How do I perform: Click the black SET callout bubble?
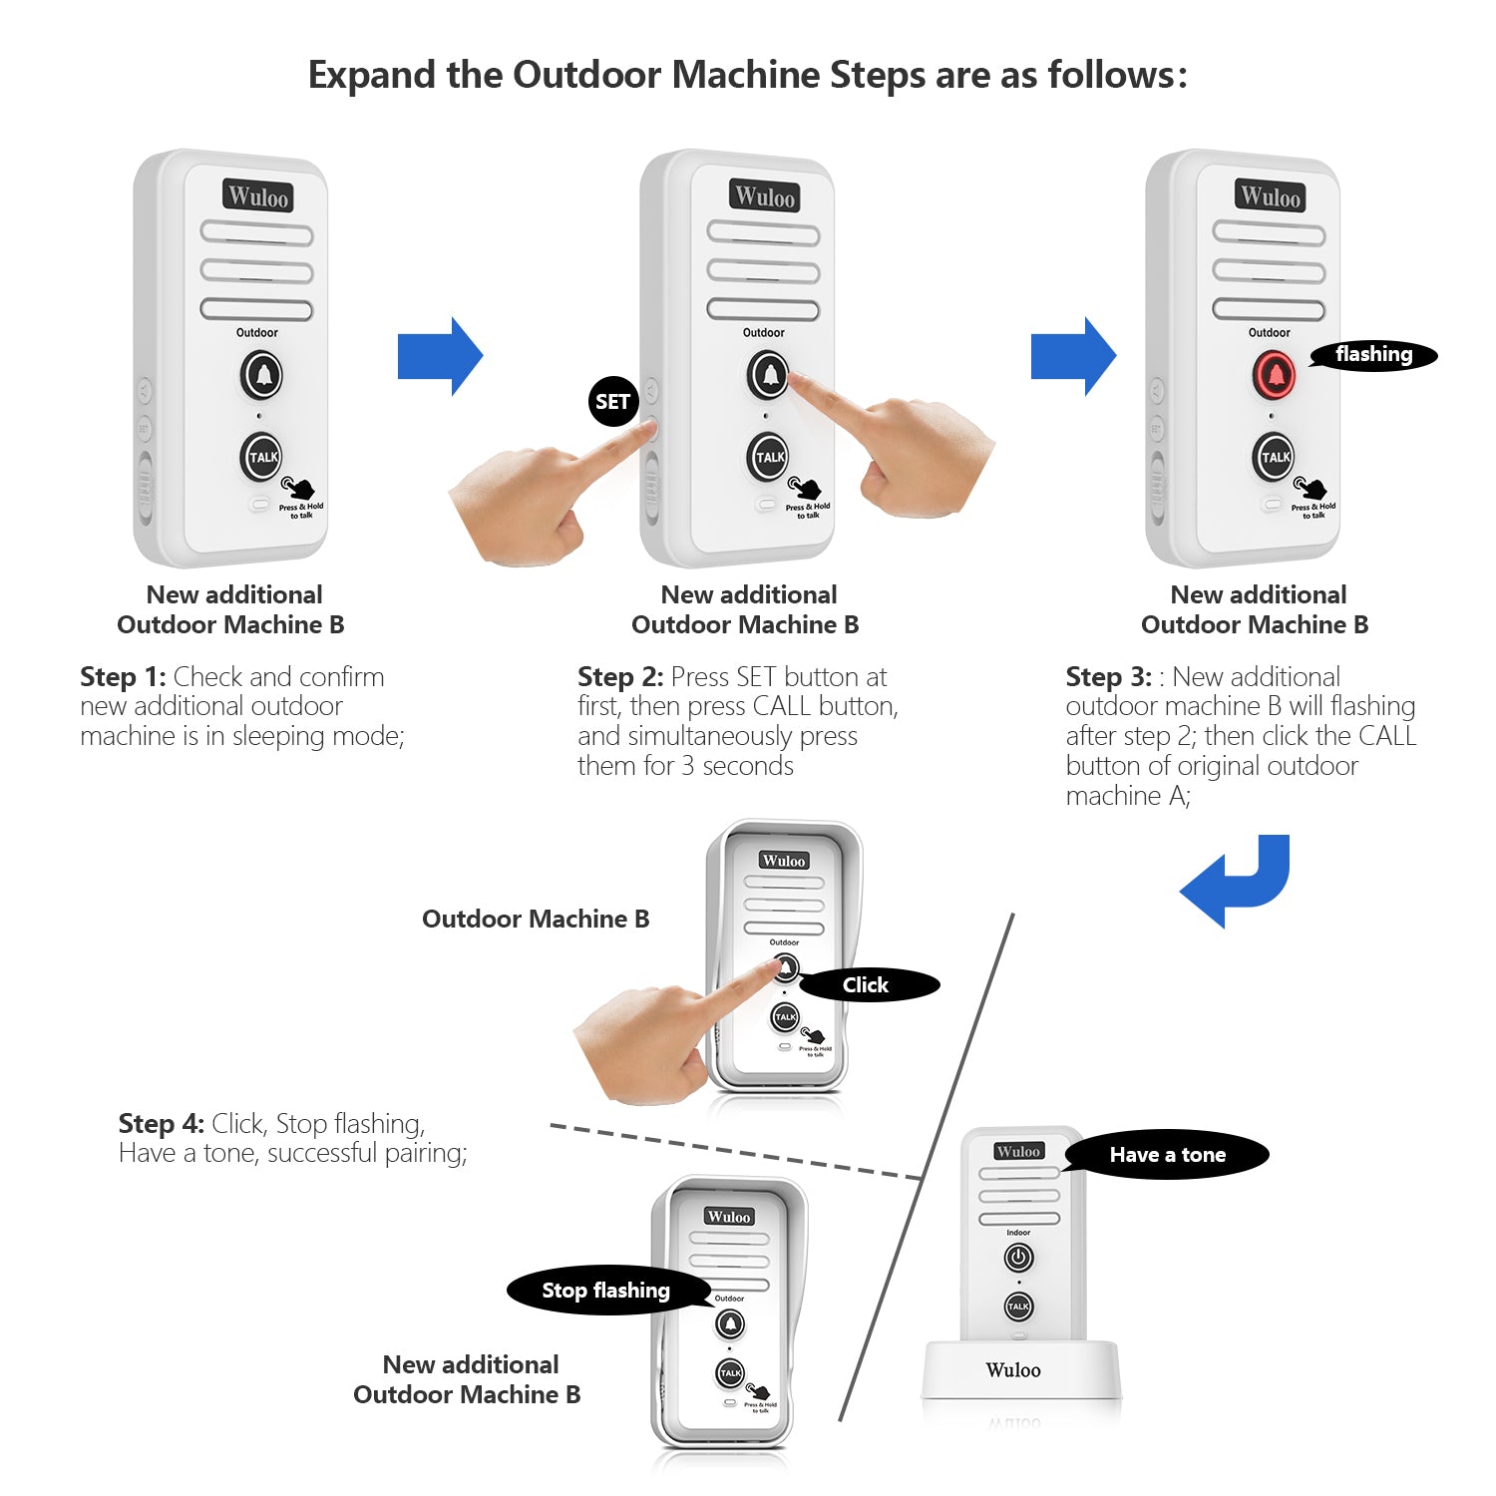pyautogui.click(x=612, y=402)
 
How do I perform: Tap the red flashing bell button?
pyautogui.click(x=1275, y=376)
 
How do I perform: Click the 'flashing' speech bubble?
pyautogui.click(x=1373, y=355)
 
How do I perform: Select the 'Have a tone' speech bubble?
pyautogui.click(x=1167, y=1155)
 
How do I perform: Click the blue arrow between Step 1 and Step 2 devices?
pyautogui.click(x=440, y=357)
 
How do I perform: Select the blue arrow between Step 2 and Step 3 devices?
pyautogui.click(x=1073, y=357)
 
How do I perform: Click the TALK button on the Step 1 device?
pyautogui.click(x=262, y=458)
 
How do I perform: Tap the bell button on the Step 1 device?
pyautogui.click(x=262, y=376)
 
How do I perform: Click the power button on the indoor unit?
pyautogui.click(x=1018, y=1258)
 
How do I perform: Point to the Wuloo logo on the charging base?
pyautogui.click(x=1013, y=1370)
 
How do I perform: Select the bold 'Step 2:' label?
pyautogui.click(x=620, y=677)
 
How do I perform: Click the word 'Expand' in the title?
pyautogui.click(x=372, y=76)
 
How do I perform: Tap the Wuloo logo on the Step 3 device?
pyautogui.click(x=1270, y=196)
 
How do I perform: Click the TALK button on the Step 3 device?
pyautogui.click(x=1275, y=458)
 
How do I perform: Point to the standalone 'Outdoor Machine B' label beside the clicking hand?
pyautogui.click(x=536, y=919)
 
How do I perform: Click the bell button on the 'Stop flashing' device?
pyautogui.click(x=730, y=1323)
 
